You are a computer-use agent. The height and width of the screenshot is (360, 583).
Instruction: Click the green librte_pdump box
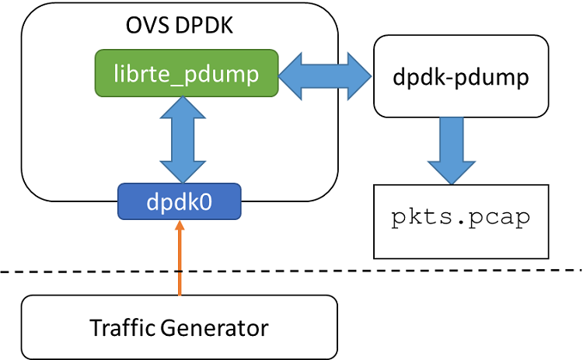[x=187, y=73]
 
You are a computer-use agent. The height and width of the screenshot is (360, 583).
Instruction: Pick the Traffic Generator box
[x=179, y=327]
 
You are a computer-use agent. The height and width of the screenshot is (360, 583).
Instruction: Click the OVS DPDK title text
[x=179, y=26]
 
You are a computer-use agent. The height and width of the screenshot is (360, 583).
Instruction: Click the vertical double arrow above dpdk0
[x=180, y=138]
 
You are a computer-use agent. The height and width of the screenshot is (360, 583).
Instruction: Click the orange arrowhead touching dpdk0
[x=180, y=226]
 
